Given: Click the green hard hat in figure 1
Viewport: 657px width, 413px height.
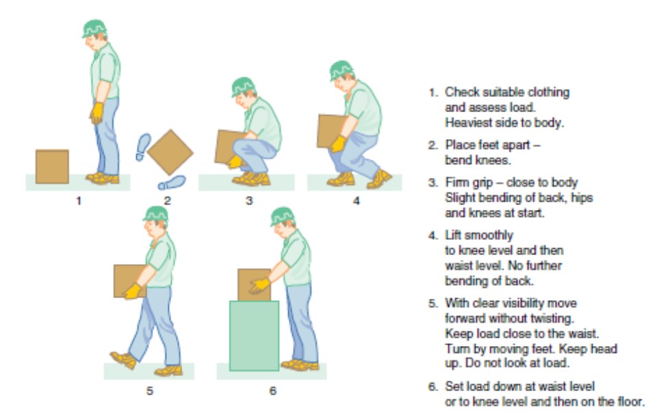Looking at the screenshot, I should click(94, 28).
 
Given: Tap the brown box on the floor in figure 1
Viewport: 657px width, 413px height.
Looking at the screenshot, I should click(52, 166).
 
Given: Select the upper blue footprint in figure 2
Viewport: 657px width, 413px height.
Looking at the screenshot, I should click(143, 146).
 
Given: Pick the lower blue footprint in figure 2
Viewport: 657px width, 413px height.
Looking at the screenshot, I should click(171, 183).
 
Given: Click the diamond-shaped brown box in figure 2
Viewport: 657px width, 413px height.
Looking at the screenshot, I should click(170, 152).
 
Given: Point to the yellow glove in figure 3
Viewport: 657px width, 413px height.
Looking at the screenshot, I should click(235, 161).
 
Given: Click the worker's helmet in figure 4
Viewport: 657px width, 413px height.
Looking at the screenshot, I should click(341, 69).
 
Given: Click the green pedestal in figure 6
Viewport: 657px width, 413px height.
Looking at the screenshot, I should click(254, 335).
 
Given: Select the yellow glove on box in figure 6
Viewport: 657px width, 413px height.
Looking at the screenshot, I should click(259, 285).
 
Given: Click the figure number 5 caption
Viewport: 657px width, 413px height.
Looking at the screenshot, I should click(149, 391).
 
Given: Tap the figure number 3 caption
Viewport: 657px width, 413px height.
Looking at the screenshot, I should click(249, 200).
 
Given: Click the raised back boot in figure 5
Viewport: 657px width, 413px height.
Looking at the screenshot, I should click(122, 359).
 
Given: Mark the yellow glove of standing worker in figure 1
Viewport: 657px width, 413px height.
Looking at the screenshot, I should click(96, 112).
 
